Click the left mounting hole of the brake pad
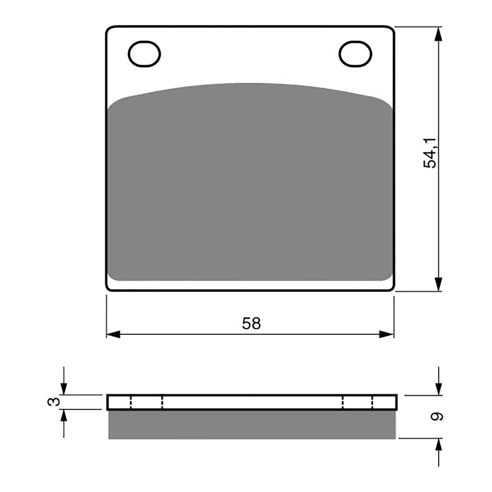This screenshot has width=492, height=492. [x=145, y=55]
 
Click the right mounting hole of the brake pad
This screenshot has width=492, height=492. [x=355, y=54]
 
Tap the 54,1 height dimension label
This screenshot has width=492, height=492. [x=430, y=153]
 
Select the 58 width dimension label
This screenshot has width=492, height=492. [x=251, y=323]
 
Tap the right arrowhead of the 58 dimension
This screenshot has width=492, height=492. [x=387, y=334]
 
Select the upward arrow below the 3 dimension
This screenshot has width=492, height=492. [x=64, y=416]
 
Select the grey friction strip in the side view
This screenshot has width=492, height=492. [x=251, y=425]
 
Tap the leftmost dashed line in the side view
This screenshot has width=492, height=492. [x=131, y=402]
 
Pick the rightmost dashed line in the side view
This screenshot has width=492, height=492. [x=373, y=402]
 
